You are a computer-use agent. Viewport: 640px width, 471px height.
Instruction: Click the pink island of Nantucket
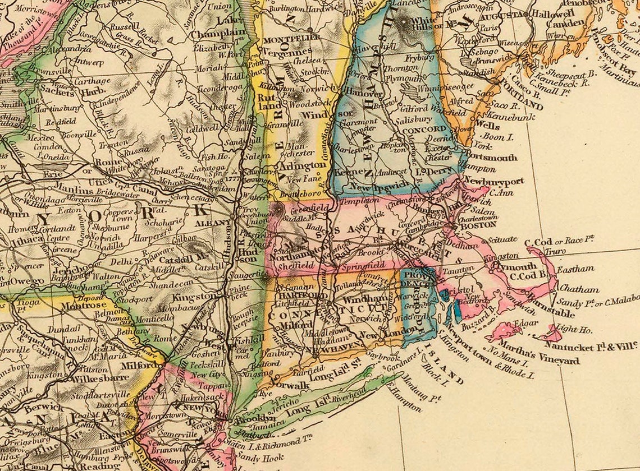coord(550,335)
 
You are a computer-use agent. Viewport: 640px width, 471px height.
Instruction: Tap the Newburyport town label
coord(494,182)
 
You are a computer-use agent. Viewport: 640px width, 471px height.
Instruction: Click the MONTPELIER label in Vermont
coord(291,37)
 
